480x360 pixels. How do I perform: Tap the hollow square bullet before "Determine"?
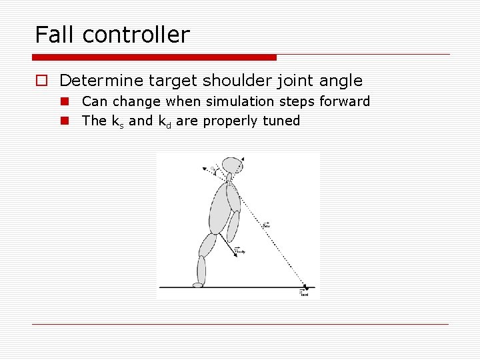tap(41, 81)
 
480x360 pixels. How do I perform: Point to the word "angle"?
tap(340, 81)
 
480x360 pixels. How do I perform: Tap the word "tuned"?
tap(282, 121)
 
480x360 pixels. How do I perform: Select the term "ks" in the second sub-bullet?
tap(117, 121)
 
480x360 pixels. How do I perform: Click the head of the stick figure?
tap(231, 165)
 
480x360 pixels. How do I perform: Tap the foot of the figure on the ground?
tap(198, 285)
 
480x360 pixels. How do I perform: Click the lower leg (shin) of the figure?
tap(201, 270)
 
